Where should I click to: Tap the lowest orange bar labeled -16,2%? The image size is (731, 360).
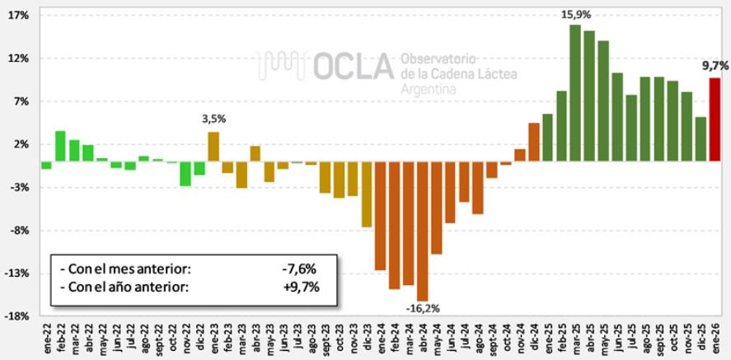click(422, 231)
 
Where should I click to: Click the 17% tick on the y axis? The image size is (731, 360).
click(20, 16)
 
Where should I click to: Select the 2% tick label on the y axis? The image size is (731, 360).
click(21, 144)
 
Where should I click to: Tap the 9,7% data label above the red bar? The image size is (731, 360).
click(714, 65)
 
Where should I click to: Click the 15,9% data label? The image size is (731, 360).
click(576, 14)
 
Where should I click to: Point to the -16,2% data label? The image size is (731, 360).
click(423, 308)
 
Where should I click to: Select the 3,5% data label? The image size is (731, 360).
click(213, 119)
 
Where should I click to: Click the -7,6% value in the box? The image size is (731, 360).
click(298, 268)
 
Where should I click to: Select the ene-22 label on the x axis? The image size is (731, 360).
click(47, 339)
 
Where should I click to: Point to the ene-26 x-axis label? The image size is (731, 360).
click(715, 339)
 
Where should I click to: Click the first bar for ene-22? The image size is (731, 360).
click(47, 165)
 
